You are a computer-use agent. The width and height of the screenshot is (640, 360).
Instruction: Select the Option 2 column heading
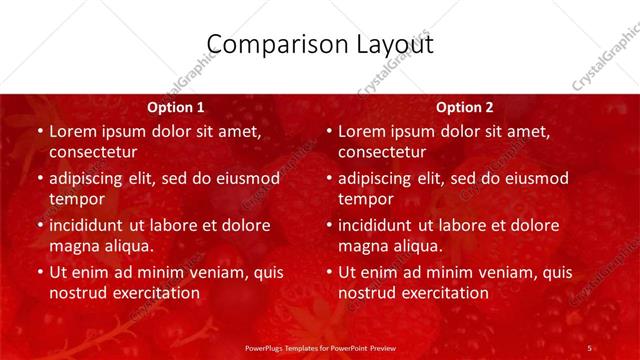pyautogui.click(x=465, y=107)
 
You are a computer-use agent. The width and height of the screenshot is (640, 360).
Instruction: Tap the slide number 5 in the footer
pyautogui.click(x=589, y=347)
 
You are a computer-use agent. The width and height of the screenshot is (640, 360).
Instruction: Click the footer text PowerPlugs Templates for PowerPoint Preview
pyautogui.click(x=320, y=347)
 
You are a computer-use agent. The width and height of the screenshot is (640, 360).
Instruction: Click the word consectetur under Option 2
pyautogui.click(x=382, y=152)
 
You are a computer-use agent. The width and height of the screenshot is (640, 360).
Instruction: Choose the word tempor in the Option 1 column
pyautogui.click(x=77, y=199)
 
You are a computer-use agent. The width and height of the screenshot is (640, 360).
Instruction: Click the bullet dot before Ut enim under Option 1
pyautogui.click(x=39, y=272)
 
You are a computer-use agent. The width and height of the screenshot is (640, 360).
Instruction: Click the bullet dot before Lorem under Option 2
pyautogui.click(x=328, y=132)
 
